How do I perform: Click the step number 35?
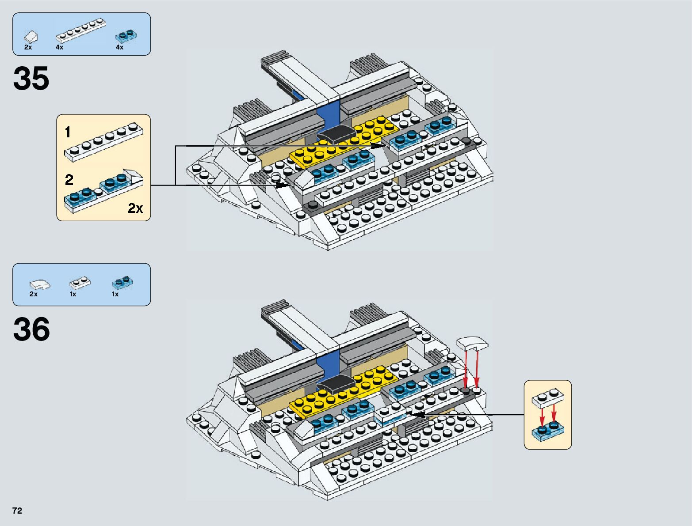[31, 79]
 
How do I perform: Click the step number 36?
[31, 329]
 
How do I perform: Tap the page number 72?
[17, 511]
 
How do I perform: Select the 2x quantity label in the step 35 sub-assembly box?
[135, 208]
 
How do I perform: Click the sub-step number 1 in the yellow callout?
[68, 132]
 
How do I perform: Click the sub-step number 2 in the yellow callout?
[69, 180]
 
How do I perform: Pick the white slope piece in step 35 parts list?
[31, 36]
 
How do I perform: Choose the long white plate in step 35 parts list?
[81, 31]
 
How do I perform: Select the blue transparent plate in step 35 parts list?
[126, 35]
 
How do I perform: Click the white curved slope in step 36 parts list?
[39, 284]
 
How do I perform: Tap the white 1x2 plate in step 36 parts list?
[80, 282]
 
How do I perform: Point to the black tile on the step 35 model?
[337, 133]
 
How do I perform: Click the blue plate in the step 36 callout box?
[548, 431]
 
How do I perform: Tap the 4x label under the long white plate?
[59, 47]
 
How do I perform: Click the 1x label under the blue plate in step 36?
[115, 294]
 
